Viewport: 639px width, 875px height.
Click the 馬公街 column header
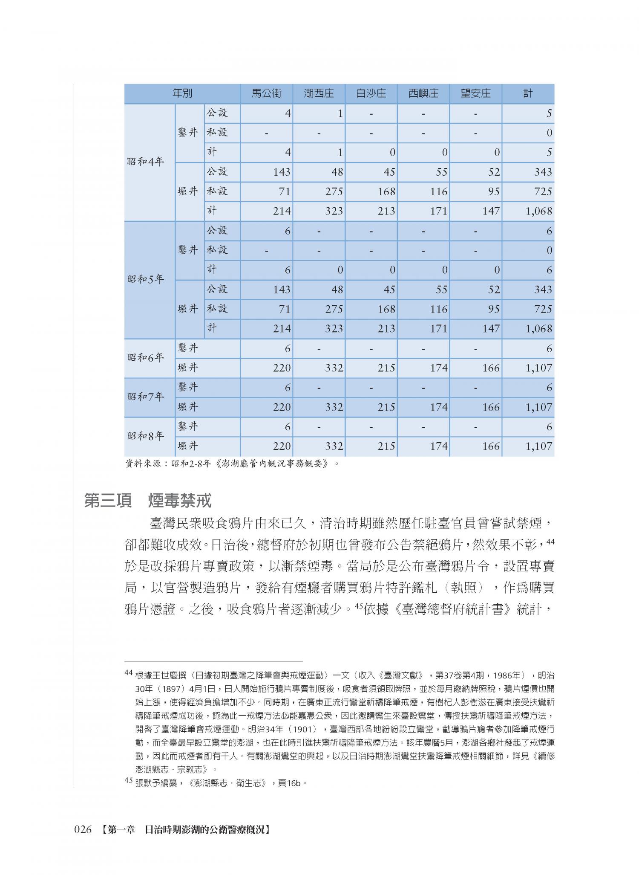[x=266, y=93]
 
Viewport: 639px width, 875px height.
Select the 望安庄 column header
[x=475, y=93]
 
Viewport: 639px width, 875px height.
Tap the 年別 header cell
[x=182, y=93]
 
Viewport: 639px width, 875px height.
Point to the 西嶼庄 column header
[x=423, y=93]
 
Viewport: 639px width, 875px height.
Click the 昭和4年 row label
[x=146, y=162]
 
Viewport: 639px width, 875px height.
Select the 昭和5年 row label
[x=146, y=280]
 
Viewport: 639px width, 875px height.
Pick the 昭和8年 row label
[x=146, y=436]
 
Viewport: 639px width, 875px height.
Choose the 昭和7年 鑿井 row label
[x=188, y=387]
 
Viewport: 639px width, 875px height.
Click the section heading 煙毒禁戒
[x=179, y=501]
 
